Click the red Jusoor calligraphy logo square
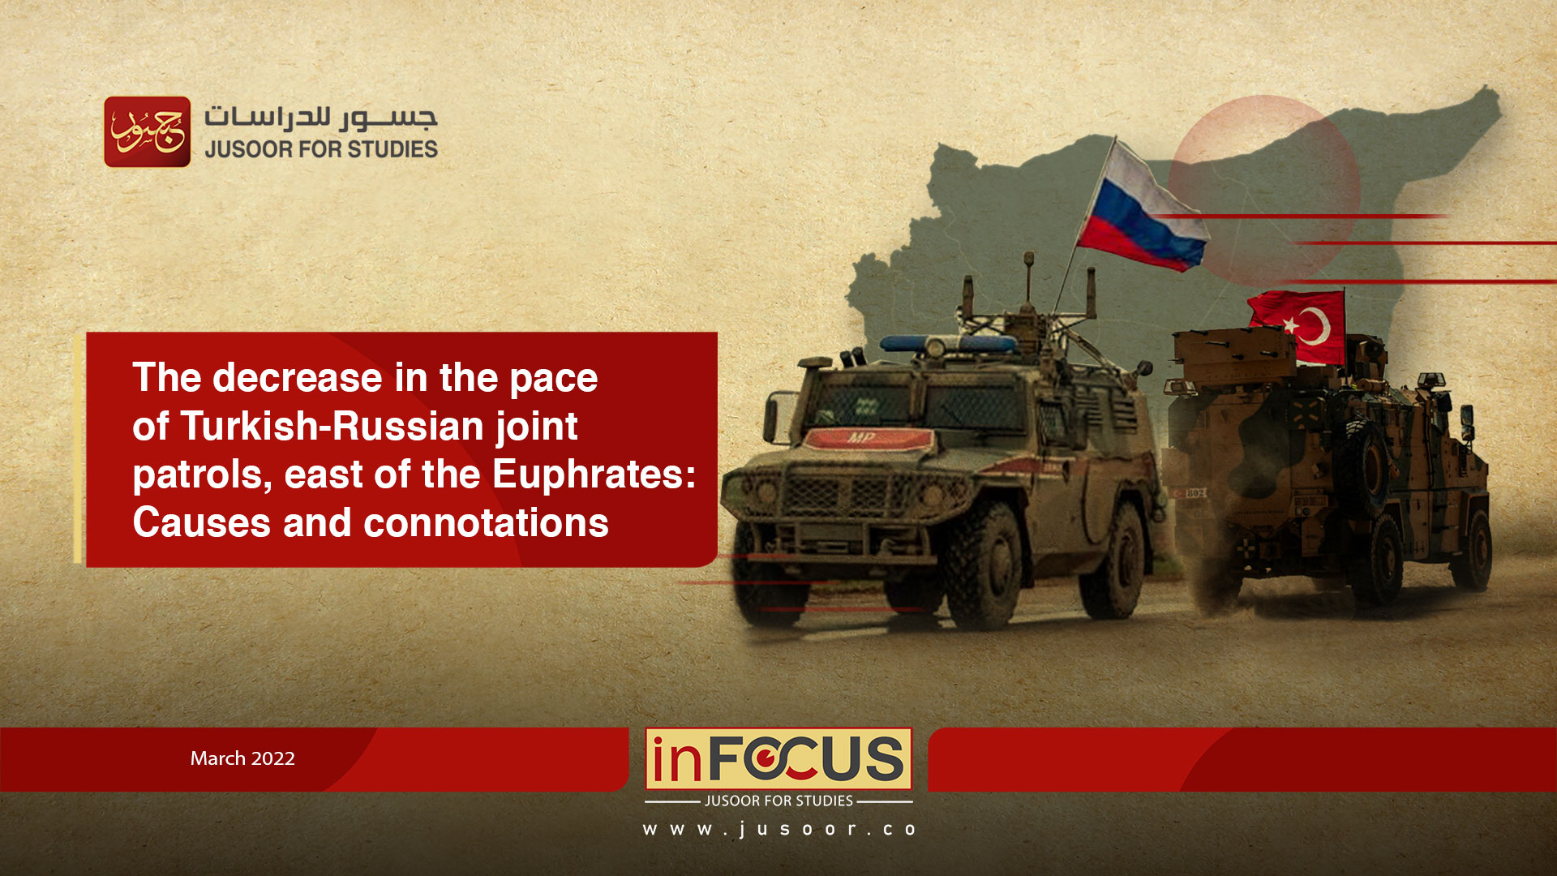pos(148,131)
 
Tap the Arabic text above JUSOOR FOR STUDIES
pos(321,118)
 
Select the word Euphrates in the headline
pos(594,474)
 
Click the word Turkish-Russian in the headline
pos(332,426)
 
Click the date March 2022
pos(242,758)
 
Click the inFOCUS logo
pos(778,758)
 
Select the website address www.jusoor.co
pos(779,829)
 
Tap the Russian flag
pos(1144,209)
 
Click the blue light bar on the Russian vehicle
pos(948,344)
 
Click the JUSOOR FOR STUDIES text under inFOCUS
pos(778,801)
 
